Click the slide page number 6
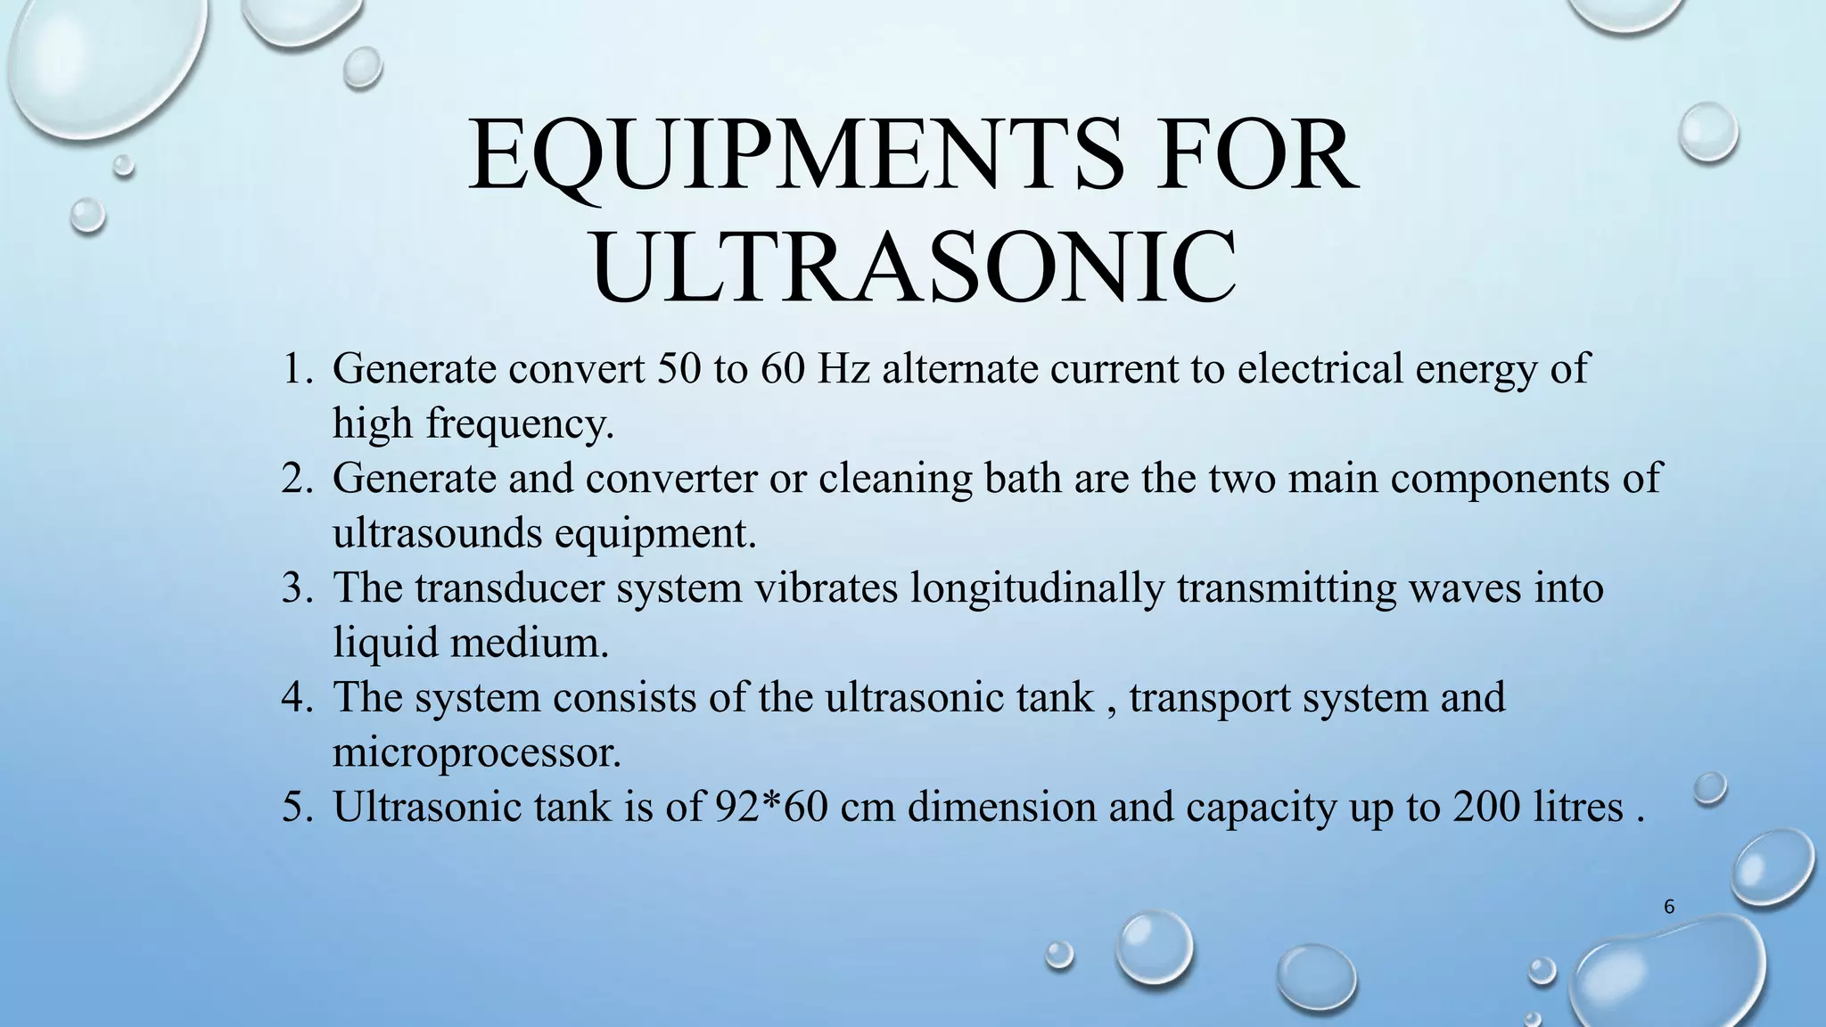pos(1669,908)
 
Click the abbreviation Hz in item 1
pos(844,368)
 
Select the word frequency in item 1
pos(520,424)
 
